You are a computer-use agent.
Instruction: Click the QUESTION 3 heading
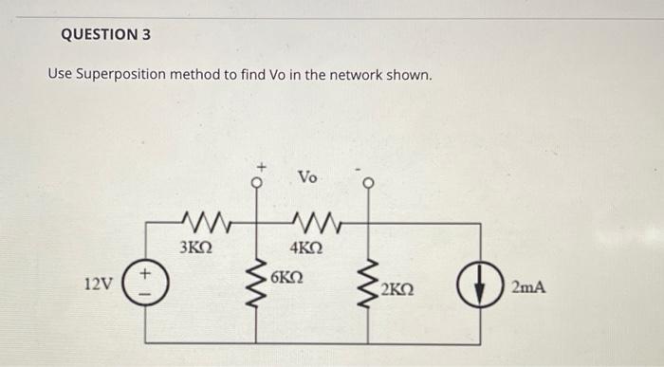(x=105, y=35)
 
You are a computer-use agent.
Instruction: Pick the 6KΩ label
(x=286, y=277)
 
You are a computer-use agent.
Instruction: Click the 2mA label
(x=529, y=284)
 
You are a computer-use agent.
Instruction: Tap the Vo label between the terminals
(x=309, y=177)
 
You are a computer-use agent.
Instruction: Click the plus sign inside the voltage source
(x=147, y=274)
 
